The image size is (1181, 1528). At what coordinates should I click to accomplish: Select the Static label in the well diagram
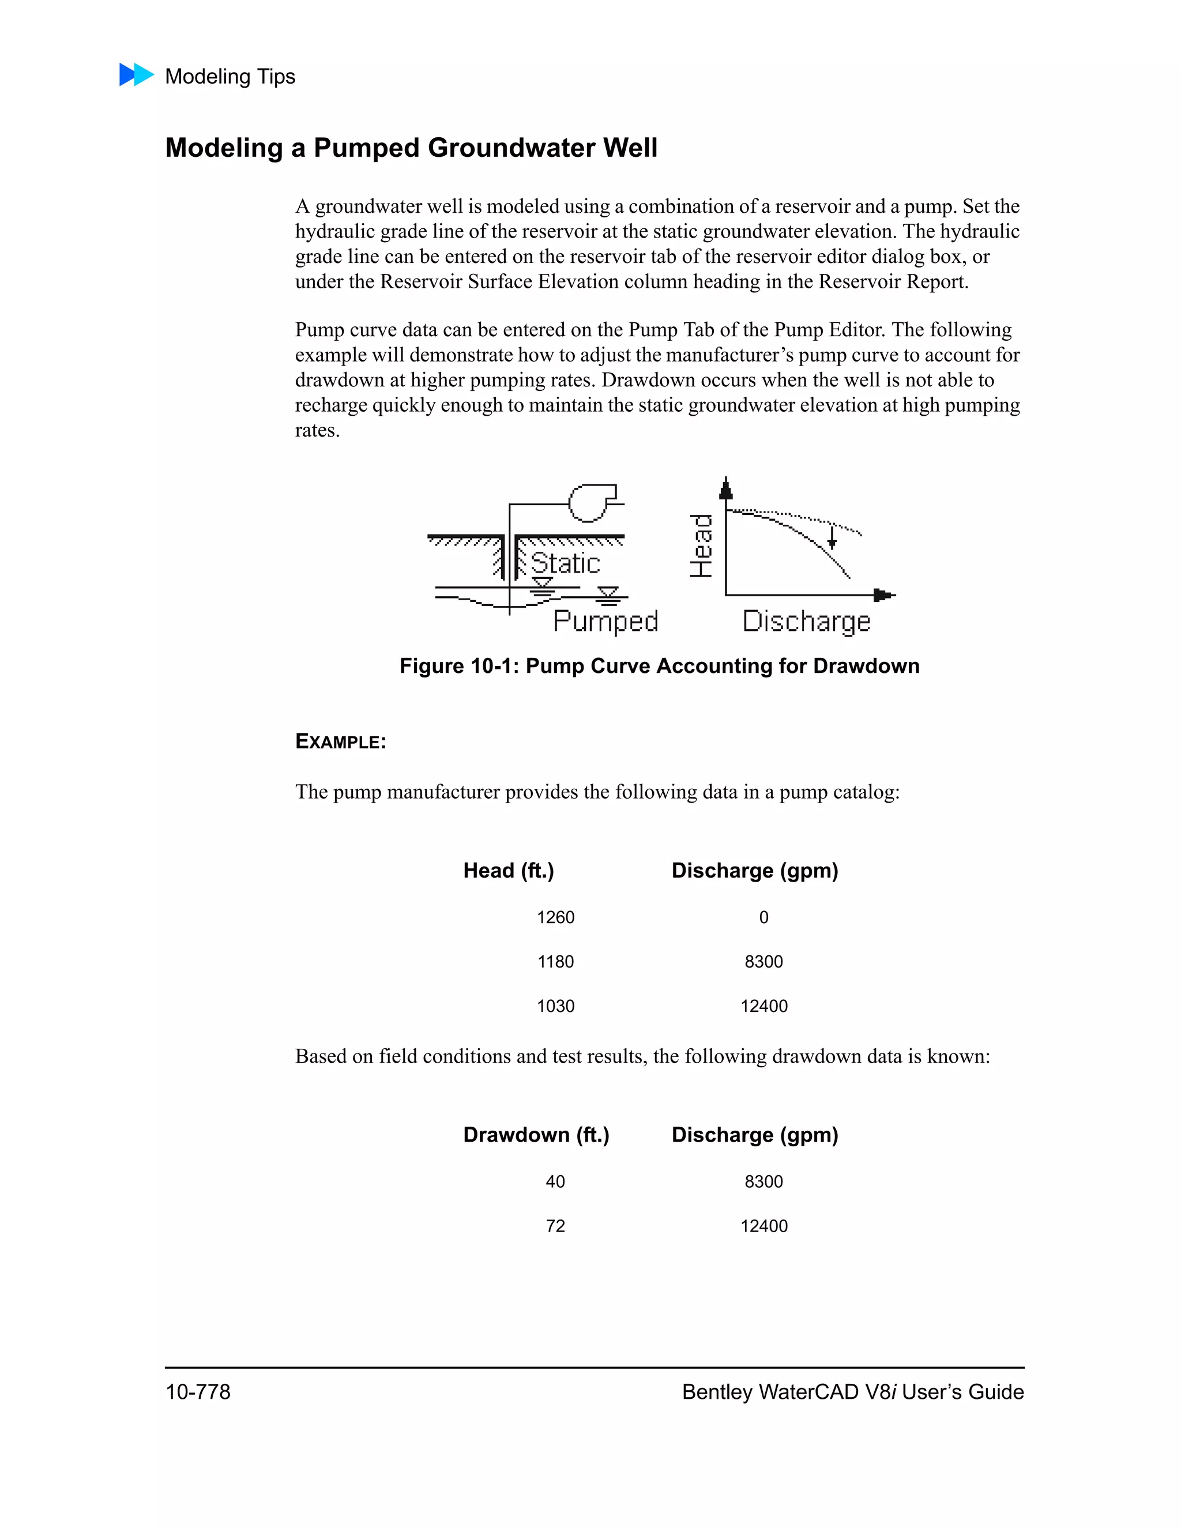point(565,564)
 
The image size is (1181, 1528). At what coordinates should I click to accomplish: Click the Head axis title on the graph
point(701,545)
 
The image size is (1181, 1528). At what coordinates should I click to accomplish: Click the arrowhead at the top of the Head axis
point(726,488)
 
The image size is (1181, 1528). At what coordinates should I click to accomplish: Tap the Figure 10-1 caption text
point(659,666)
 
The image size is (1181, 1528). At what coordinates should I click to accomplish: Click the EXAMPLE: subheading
point(340,742)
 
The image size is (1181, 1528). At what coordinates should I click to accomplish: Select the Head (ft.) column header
point(509,871)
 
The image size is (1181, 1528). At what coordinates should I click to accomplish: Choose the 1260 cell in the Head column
point(555,917)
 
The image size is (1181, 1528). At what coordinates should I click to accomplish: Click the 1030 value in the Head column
point(555,1006)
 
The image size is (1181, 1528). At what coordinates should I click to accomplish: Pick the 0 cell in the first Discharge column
point(763,917)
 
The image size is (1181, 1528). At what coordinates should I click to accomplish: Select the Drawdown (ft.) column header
point(536,1135)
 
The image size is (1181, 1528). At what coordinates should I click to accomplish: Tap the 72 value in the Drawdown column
point(555,1226)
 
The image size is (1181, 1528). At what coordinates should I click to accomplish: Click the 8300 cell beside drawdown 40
point(763,1181)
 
